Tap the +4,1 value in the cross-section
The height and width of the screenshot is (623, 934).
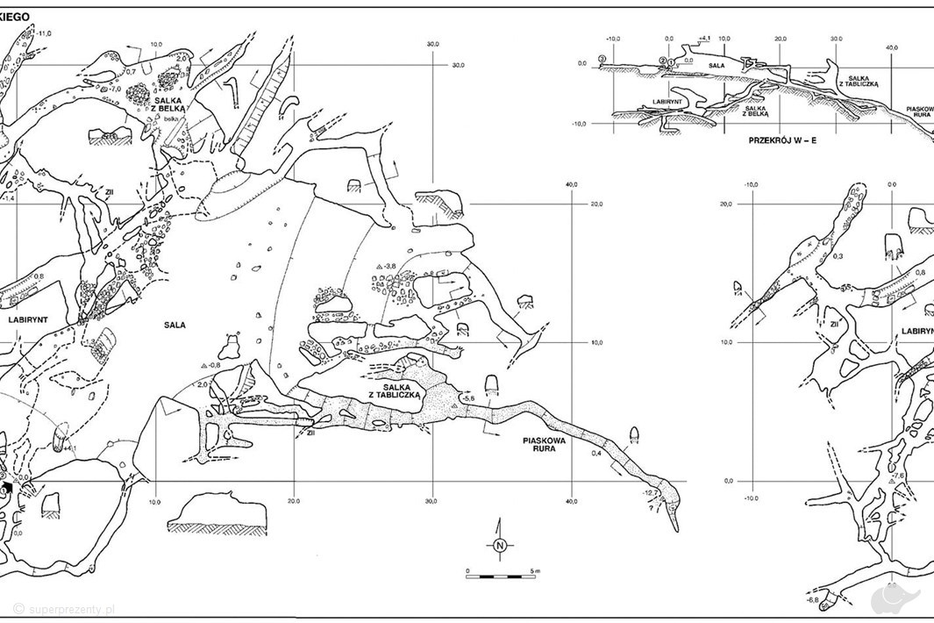point(705,39)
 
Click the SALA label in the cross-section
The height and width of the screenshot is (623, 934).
point(716,64)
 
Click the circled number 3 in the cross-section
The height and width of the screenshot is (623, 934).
point(602,59)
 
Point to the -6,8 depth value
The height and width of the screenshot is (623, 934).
point(812,600)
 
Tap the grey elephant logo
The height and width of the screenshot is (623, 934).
point(897,598)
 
